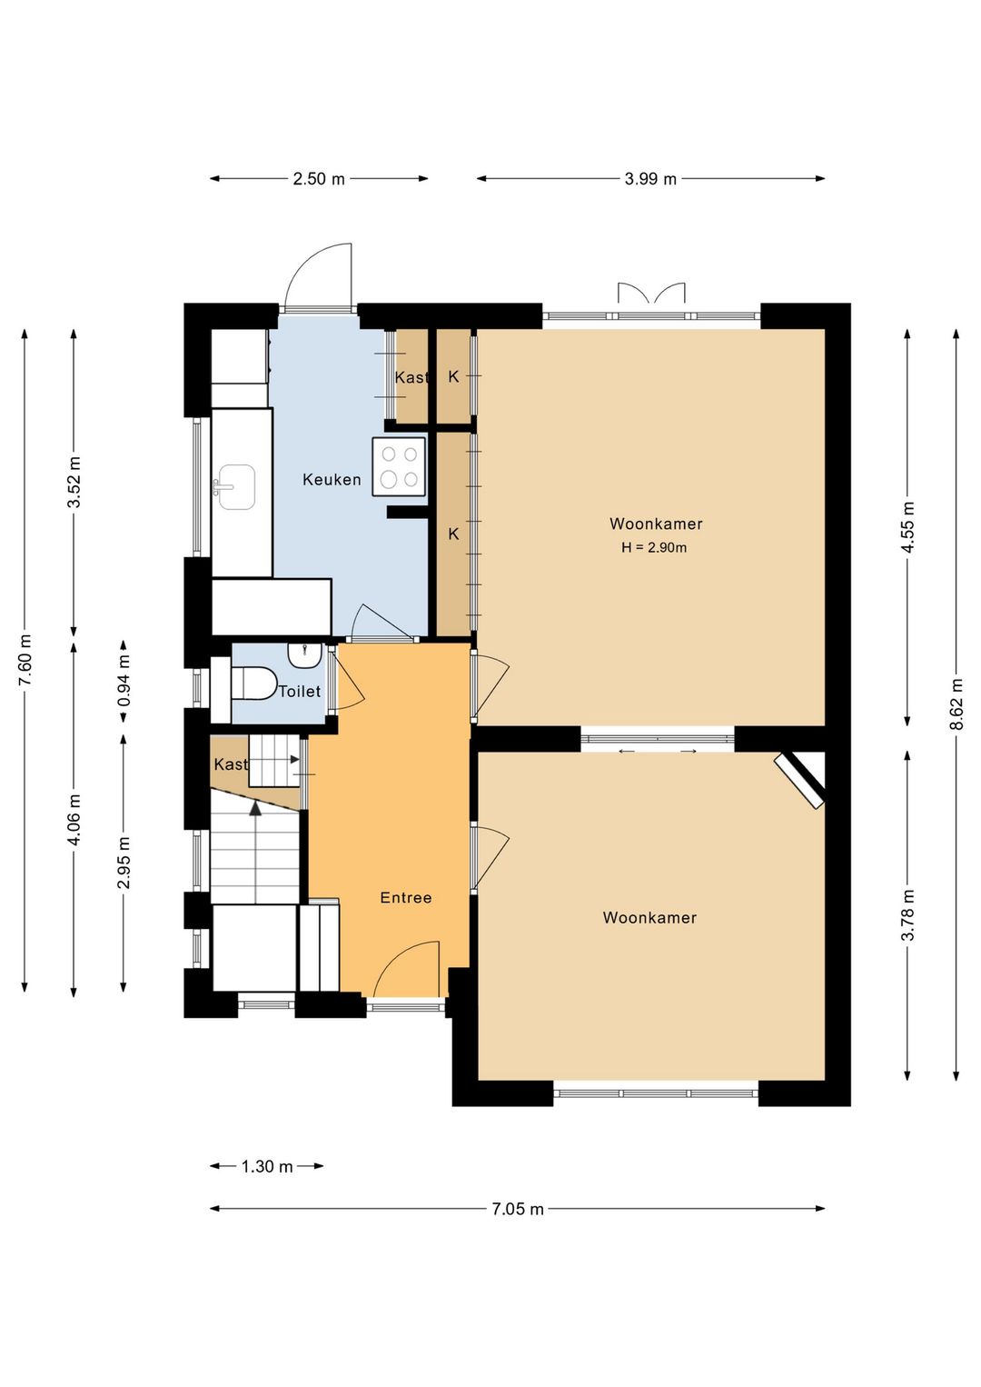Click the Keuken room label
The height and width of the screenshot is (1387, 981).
pyautogui.click(x=332, y=479)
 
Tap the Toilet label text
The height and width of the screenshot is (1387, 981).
pyautogui.click(x=300, y=691)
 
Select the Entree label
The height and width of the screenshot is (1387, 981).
pyautogui.click(x=406, y=897)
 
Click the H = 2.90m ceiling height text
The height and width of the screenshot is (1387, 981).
pyautogui.click(x=654, y=547)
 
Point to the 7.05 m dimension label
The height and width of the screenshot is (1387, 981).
pyautogui.click(x=518, y=1208)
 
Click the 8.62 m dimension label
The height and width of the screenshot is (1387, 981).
pyautogui.click(x=957, y=704)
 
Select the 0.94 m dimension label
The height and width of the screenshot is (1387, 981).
pyautogui.click(x=124, y=681)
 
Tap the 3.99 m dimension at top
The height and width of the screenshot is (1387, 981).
pyautogui.click(x=650, y=179)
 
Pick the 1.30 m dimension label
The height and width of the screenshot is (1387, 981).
pyautogui.click(x=267, y=1166)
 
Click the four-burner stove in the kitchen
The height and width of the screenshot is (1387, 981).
pyautogui.click(x=399, y=466)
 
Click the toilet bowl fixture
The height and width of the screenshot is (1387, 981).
pyautogui.click(x=253, y=683)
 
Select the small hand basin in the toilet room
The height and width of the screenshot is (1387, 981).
pyautogui.click(x=304, y=655)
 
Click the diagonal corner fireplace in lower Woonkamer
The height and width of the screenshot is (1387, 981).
pyautogui.click(x=799, y=780)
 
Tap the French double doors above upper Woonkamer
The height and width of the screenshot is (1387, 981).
pyautogui.click(x=652, y=293)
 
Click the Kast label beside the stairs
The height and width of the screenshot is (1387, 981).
pyautogui.click(x=231, y=764)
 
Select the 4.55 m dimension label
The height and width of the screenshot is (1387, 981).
pyautogui.click(x=908, y=527)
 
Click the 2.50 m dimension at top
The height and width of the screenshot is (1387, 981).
pyautogui.click(x=319, y=179)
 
